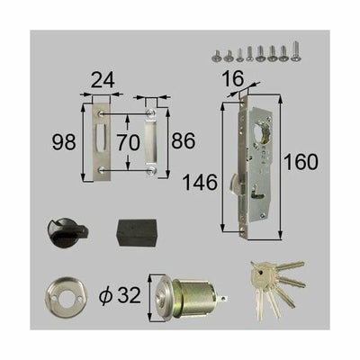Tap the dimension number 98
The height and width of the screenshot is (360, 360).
(x=62, y=142)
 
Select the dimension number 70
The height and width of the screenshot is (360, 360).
(x=128, y=142)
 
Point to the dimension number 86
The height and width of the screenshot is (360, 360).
(x=184, y=142)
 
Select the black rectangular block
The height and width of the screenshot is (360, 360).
(x=137, y=231)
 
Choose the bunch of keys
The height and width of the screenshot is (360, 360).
(x=273, y=281)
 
